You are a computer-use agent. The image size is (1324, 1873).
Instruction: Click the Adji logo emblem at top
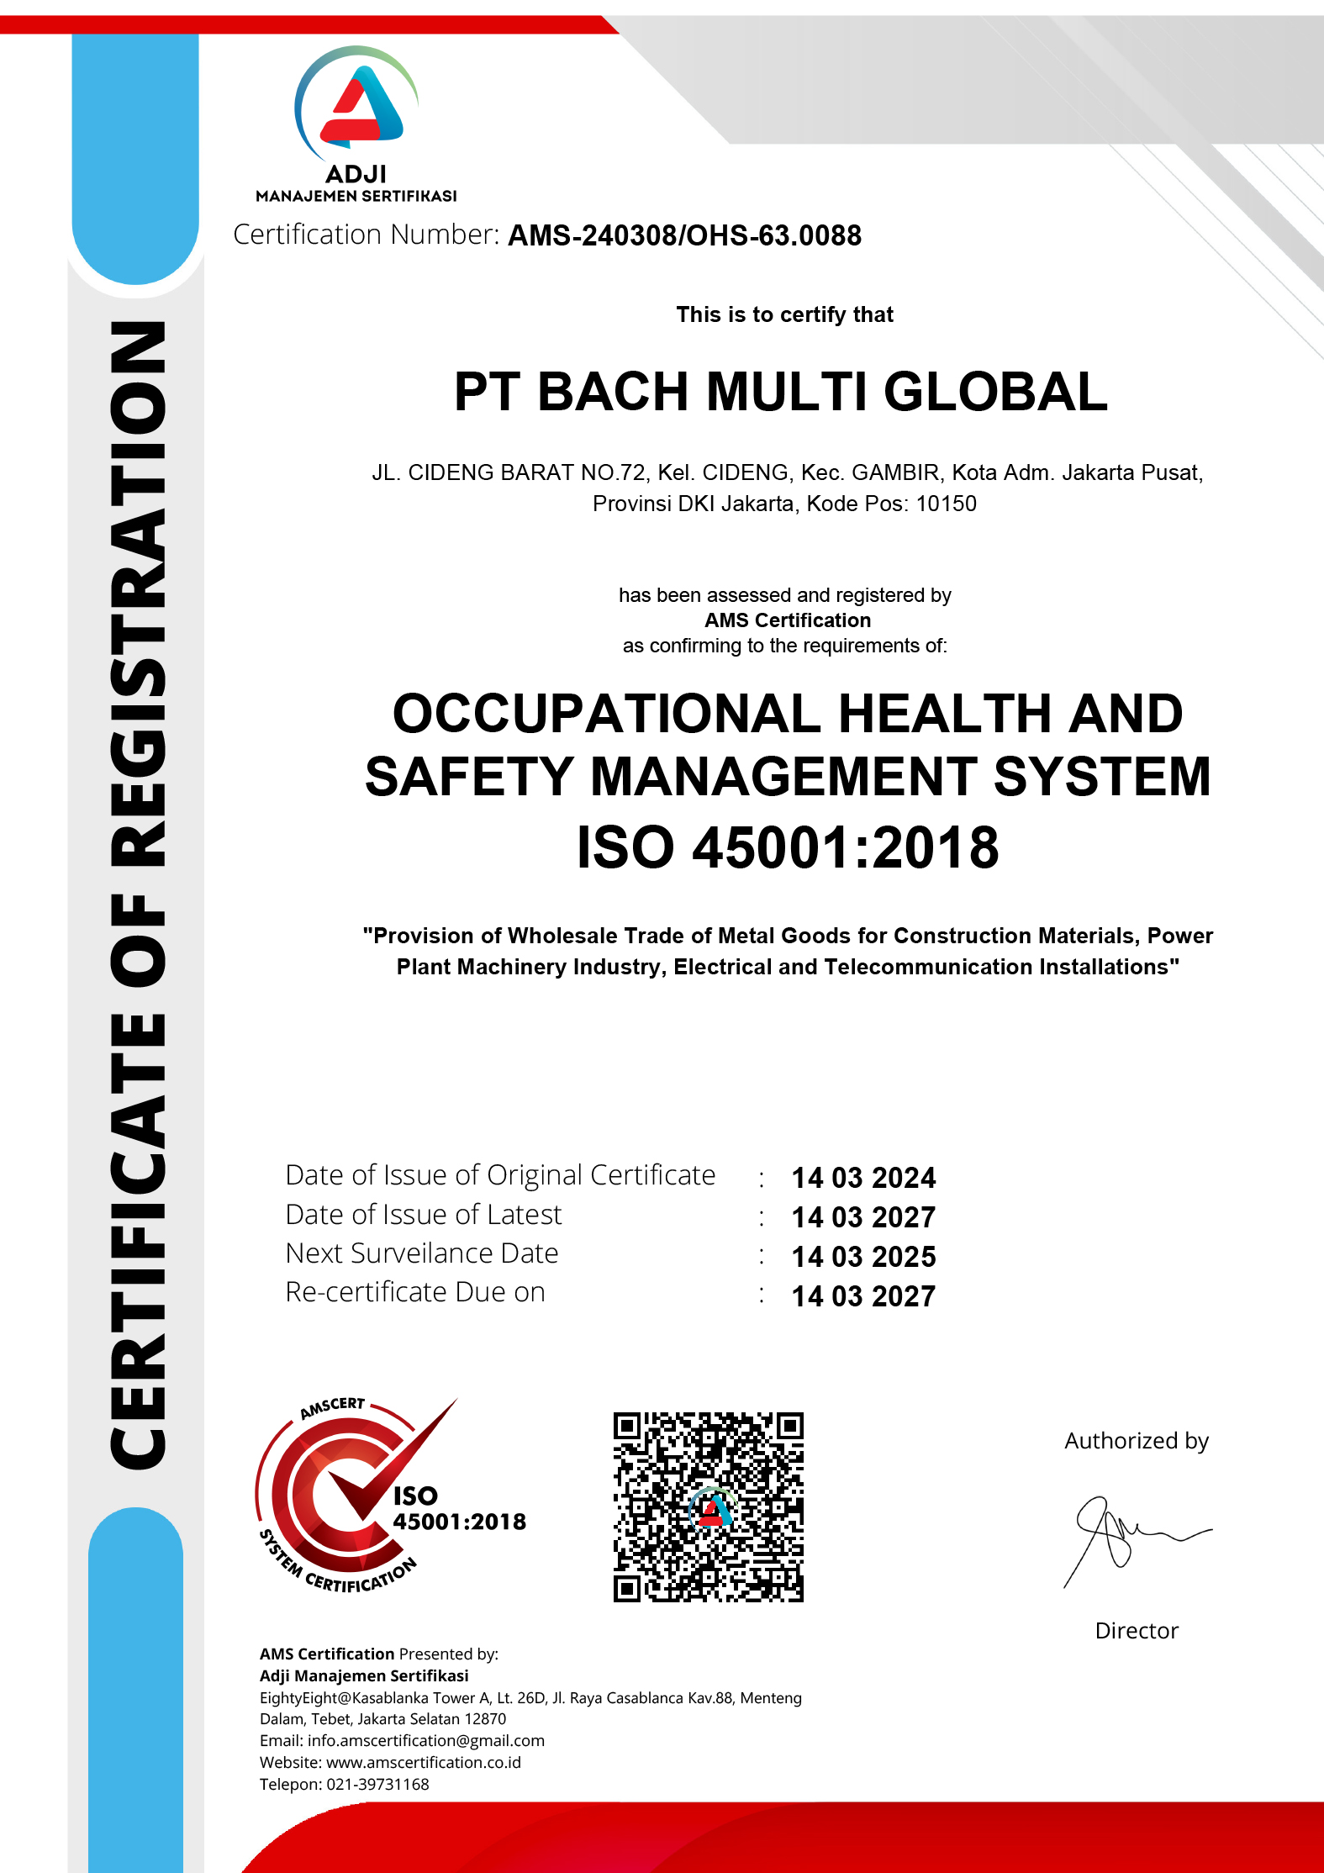pos(356,106)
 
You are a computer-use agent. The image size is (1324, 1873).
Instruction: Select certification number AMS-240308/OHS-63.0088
pos(684,236)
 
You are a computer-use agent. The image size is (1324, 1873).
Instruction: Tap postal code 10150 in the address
pos(946,504)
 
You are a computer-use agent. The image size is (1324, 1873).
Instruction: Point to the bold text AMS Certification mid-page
pos(788,620)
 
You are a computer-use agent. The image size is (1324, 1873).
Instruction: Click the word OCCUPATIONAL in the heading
pos(606,714)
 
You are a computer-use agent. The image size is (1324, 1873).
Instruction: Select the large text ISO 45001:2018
pos(787,847)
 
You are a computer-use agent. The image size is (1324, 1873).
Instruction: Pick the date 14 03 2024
pos(863,1178)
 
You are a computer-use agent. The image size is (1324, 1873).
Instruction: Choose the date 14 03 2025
pos(863,1257)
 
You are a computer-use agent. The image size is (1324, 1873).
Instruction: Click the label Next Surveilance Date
pos(422,1253)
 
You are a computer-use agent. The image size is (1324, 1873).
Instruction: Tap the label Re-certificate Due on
pos(415,1292)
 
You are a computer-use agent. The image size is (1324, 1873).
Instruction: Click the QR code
pos(708,1507)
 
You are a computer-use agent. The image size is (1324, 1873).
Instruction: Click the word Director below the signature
pos(1137,1631)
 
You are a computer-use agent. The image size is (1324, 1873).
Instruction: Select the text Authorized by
pos(1137,1441)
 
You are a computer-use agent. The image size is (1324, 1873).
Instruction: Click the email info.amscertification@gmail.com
pos(425,1740)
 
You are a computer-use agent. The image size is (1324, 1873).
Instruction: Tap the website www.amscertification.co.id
pos(423,1762)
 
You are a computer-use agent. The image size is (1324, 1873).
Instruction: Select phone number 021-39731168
pos(377,1784)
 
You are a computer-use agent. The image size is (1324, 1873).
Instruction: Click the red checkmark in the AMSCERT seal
pos(395,1463)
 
